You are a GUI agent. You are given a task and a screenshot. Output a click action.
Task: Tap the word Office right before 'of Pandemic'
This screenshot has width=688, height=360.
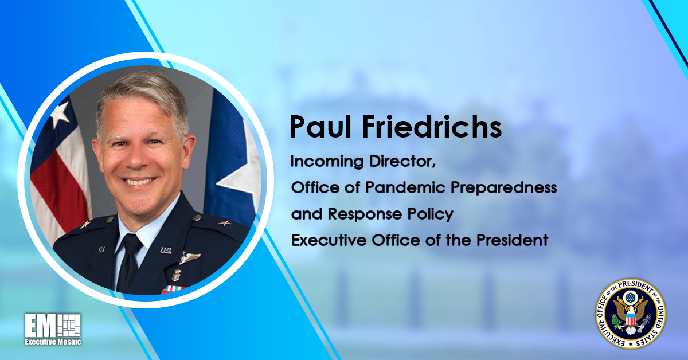pyautogui.click(x=314, y=188)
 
